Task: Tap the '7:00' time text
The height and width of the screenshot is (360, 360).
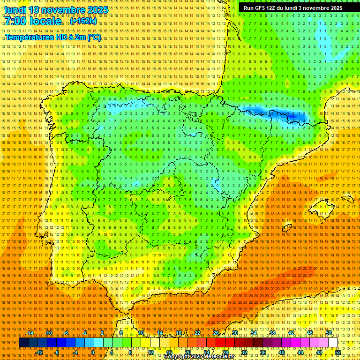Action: click(x=17, y=22)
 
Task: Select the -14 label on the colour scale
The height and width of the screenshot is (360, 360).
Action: click(x=30, y=333)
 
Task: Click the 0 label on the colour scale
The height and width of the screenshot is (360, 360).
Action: click(x=93, y=352)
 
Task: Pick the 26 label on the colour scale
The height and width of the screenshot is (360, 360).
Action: click(x=217, y=333)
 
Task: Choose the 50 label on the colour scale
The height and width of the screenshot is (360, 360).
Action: click(x=329, y=333)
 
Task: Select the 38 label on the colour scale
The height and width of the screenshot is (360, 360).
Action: click(x=272, y=333)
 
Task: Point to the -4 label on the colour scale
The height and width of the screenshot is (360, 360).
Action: click(x=75, y=352)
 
